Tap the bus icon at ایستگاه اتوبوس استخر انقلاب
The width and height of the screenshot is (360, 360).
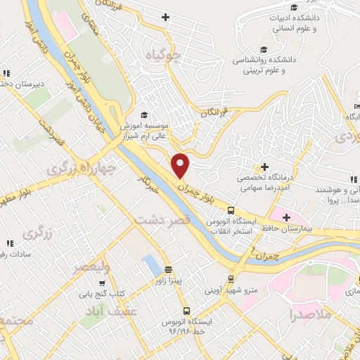[x=230, y=210]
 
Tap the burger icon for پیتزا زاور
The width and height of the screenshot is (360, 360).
[x=168, y=269]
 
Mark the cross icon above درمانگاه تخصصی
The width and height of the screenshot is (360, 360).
[x=264, y=167]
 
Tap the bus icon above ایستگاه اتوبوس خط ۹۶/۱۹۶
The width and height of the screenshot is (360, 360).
[x=186, y=310]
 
